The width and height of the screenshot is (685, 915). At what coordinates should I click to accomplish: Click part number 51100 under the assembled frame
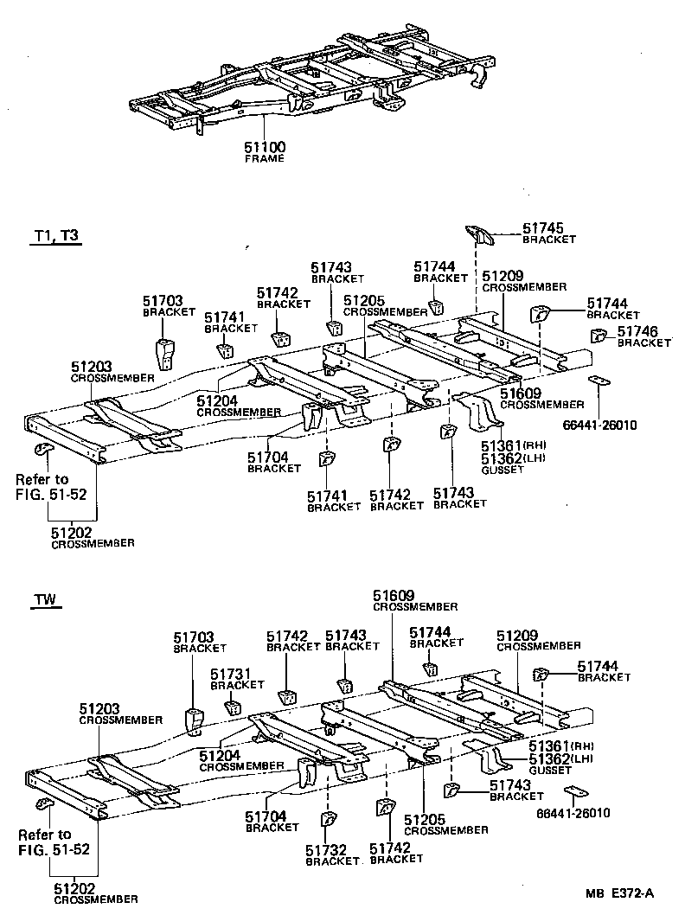pos(265,148)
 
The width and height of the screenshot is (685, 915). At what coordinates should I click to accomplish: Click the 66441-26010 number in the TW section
pos(573,813)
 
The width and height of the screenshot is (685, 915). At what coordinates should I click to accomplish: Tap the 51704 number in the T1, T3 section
pos(268,457)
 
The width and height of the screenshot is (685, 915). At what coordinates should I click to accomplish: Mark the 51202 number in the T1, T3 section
pos(72,533)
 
